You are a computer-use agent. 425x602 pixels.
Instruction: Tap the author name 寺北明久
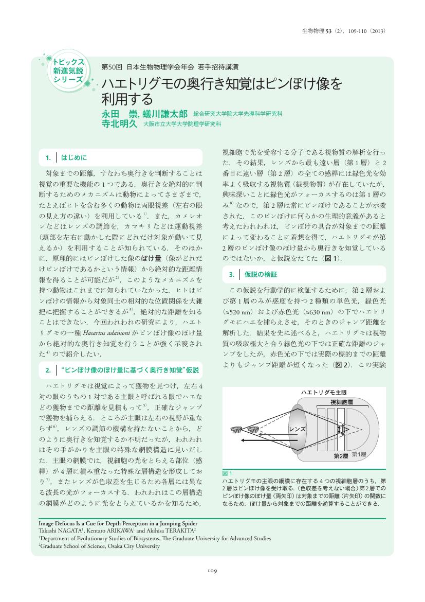click(119, 124)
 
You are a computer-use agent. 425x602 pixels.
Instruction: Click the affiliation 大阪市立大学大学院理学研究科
click(182, 125)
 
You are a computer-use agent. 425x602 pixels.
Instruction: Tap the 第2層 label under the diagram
click(341, 456)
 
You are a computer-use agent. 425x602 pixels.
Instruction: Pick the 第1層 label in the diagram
click(359, 454)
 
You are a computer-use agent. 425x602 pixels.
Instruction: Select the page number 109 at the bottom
click(212, 570)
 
